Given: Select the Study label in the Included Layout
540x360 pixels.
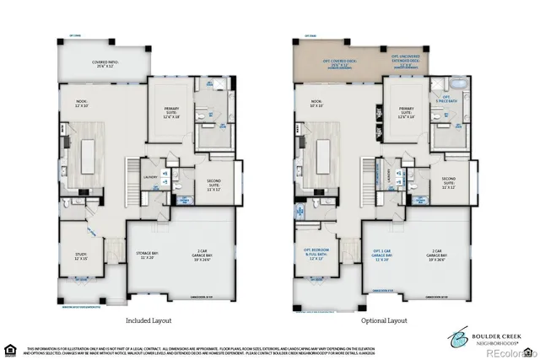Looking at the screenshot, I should click(81, 256).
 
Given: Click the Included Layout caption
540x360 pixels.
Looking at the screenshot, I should click(149, 320).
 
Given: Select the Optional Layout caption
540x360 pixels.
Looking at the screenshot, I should click(385, 320).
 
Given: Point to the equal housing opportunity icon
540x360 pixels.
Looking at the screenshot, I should click(10, 348).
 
